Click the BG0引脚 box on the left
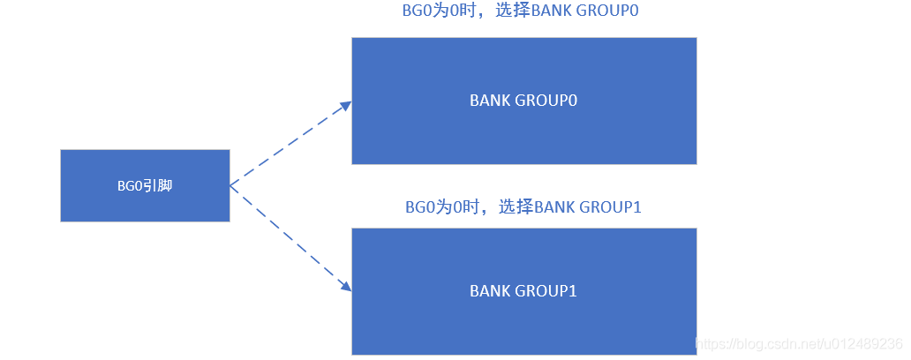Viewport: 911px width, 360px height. tap(145, 185)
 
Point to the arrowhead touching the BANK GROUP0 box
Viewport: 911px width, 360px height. tap(344, 106)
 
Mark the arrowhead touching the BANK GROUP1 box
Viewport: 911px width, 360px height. tap(344, 285)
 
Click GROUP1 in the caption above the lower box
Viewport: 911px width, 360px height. tap(611, 207)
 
